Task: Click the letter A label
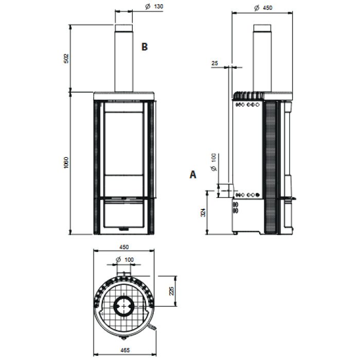[193, 175]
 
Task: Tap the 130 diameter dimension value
[158, 7]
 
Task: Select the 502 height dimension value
[66, 58]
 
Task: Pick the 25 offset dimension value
[214, 63]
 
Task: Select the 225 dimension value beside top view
[172, 291]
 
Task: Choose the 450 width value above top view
[123, 246]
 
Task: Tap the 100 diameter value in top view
[129, 259]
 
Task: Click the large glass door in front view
[123, 149]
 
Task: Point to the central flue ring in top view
[123, 307]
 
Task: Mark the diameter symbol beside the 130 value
[147, 7]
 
